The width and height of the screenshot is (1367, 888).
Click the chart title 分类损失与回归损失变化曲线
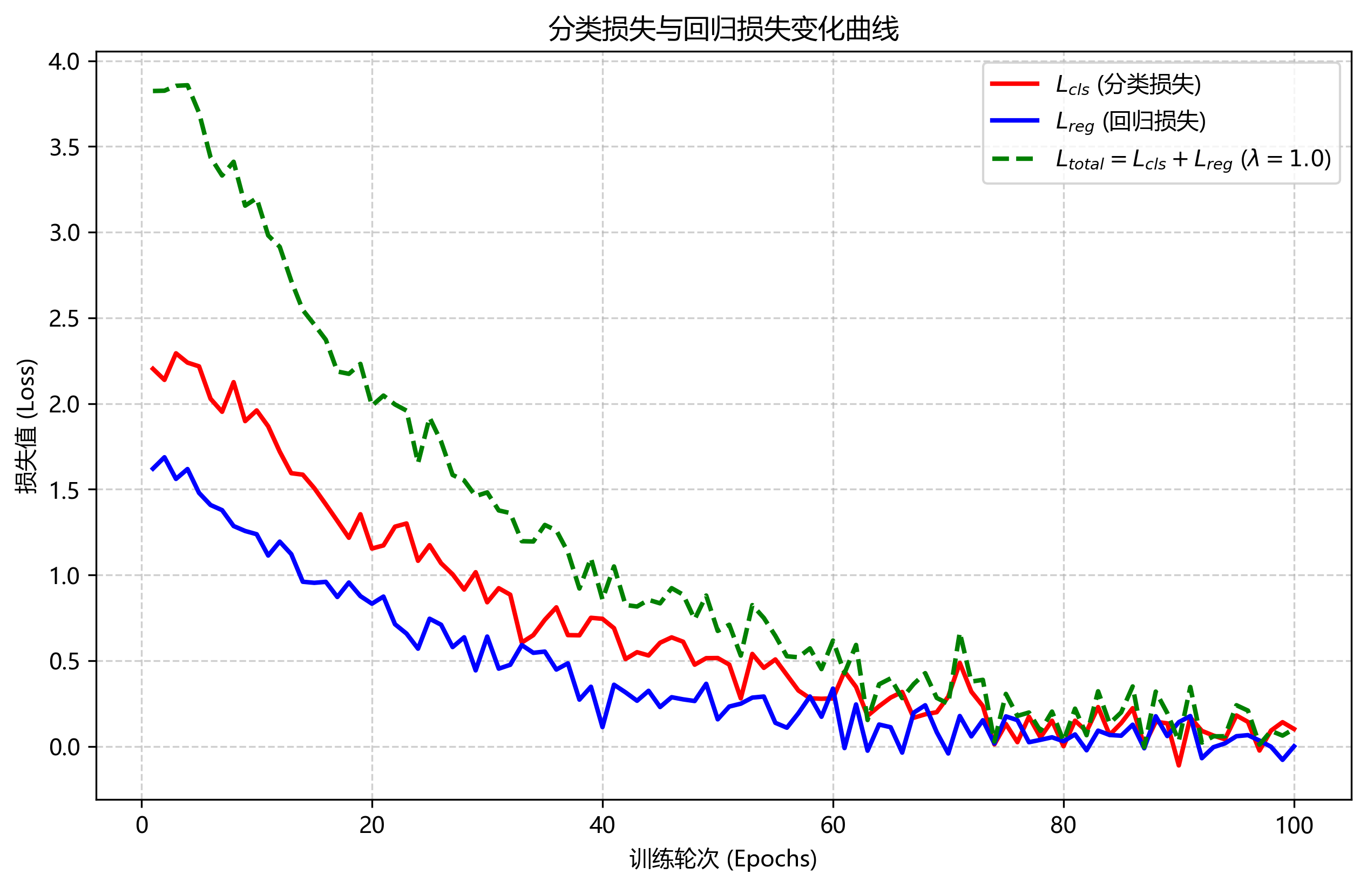tap(722, 29)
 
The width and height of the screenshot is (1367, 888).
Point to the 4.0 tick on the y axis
tap(64, 62)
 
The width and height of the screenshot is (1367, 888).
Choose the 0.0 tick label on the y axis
tap(64, 747)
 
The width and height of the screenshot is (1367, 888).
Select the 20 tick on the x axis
tap(371, 825)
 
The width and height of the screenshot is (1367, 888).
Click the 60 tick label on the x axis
tap(833, 825)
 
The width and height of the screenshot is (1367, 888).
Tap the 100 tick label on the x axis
tap(1294, 825)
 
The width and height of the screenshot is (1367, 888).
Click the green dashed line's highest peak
tap(187, 85)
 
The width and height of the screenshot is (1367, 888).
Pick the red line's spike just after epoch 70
tap(960, 663)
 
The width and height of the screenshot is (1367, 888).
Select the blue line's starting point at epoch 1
tap(153, 469)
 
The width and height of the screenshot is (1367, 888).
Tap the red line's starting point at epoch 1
tap(153, 368)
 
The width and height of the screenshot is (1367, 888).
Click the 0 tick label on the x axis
tap(141, 825)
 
